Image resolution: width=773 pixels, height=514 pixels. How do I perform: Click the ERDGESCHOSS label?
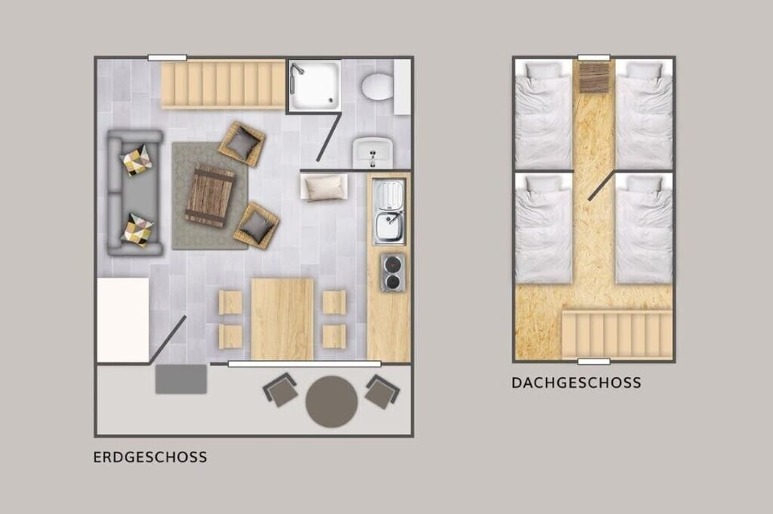[150, 458]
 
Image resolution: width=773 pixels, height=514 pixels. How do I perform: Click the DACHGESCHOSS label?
[577, 383]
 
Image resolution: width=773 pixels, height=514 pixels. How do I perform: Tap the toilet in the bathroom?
[377, 86]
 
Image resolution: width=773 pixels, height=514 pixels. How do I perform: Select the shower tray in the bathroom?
[315, 85]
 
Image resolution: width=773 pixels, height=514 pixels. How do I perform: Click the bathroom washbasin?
[373, 151]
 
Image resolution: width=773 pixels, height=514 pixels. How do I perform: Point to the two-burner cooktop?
[392, 272]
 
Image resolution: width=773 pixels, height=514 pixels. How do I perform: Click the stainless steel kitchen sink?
[389, 212]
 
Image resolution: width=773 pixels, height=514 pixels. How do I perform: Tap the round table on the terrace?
[332, 401]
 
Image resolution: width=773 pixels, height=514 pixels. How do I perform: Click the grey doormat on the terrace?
[181, 379]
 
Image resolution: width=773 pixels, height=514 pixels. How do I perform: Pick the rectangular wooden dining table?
[282, 319]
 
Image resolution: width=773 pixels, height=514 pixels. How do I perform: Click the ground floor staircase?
[223, 85]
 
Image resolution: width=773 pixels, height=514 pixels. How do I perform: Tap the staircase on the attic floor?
[616, 335]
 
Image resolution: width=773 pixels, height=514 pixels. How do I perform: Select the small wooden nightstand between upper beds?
[593, 79]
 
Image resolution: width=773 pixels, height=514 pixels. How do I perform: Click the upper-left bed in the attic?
[544, 114]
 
